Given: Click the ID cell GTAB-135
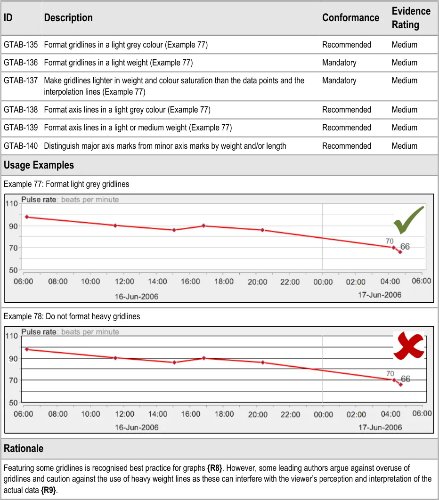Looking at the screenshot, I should click(x=21, y=45).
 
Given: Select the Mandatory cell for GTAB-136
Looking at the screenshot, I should click(x=339, y=63).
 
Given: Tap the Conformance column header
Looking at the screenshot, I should click(x=350, y=18).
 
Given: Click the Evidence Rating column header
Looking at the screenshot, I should click(x=411, y=18).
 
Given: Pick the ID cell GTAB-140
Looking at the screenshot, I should click(x=21, y=146).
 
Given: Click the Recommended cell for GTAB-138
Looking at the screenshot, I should click(x=347, y=110).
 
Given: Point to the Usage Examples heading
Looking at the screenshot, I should click(x=39, y=165).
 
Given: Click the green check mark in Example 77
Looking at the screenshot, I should click(x=409, y=220).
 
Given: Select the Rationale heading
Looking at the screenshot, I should click(x=24, y=448).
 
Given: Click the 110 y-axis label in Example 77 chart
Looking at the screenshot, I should click(x=11, y=204).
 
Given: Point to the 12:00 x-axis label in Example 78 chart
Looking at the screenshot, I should click(x=124, y=414).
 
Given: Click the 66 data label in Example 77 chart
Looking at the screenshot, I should click(x=405, y=247).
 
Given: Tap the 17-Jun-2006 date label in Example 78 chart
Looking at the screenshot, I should click(x=380, y=427).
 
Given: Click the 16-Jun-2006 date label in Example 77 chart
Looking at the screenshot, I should click(x=137, y=296).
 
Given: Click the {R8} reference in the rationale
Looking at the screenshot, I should click(x=215, y=468).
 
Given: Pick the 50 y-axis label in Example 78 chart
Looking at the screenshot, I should click(x=13, y=403).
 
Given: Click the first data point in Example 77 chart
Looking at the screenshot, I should click(x=27, y=217).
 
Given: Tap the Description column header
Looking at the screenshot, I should click(x=68, y=18).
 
